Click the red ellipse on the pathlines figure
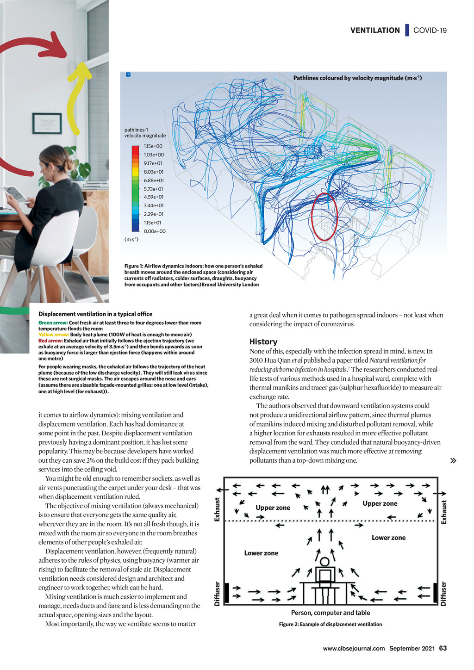[x=324, y=217]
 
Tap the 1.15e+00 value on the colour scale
[x=153, y=146]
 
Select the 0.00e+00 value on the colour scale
[x=154, y=231]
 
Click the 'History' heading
[x=263, y=341]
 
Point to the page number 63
[x=443, y=648]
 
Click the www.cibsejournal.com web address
[x=354, y=648]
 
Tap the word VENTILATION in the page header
[x=375, y=31]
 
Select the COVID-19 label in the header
[x=430, y=31]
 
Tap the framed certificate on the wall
[x=47, y=123]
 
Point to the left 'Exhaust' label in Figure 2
[x=217, y=509]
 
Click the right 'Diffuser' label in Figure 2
[x=443, y=594]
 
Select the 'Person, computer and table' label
[x=331, y=613]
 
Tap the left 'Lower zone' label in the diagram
[x=261, y=553]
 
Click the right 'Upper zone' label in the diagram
[x=380, y=503]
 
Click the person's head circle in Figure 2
[x=325, y=562]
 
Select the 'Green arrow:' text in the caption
[x=53, y=323]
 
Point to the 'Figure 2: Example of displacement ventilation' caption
[x=331, y=625]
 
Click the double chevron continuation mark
[x=453, y=460]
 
